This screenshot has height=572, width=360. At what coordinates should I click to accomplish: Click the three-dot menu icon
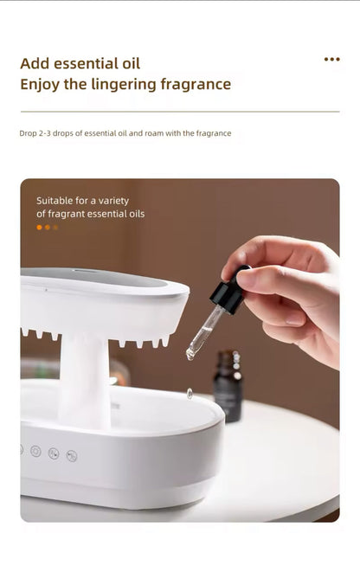click(331, 59)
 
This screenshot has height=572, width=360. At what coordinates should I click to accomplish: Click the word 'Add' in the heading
click(35, 63)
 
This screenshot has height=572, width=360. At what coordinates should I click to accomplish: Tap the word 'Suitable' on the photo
click(58, 200)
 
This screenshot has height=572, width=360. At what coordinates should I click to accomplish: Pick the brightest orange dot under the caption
click(39, 227)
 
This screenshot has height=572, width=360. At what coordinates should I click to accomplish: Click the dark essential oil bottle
click(228, 386)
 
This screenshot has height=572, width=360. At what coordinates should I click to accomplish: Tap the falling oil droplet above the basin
click(190, 393)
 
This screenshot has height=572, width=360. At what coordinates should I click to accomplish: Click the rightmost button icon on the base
click(72, 455)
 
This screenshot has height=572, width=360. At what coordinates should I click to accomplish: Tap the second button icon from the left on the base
click(35, 451)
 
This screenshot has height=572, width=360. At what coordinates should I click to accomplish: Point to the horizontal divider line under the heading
click(180, 112)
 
